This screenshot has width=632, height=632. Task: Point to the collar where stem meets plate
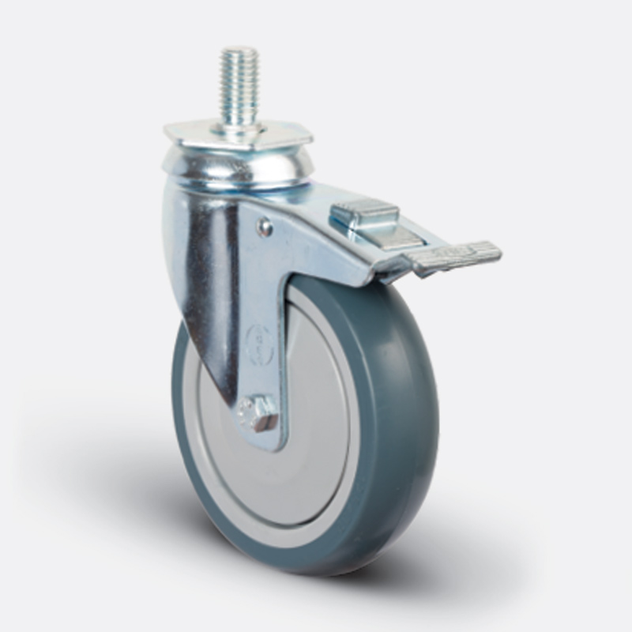241,125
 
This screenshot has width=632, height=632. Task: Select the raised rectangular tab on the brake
364,212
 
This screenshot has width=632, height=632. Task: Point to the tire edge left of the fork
179,395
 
